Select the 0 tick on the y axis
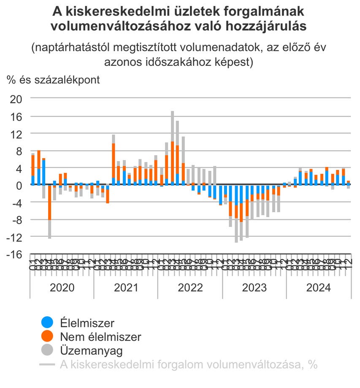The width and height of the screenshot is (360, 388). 20,185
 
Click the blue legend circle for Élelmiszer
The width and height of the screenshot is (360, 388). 47,323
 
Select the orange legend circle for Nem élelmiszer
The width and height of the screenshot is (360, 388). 47,337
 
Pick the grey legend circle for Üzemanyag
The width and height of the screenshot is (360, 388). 47,350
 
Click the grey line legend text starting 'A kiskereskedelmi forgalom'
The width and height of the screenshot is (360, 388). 188,364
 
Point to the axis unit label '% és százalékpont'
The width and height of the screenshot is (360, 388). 53,80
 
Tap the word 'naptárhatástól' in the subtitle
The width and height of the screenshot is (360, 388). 74,48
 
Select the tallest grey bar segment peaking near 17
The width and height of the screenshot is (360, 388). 173,126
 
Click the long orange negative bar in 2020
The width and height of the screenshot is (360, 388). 50,202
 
